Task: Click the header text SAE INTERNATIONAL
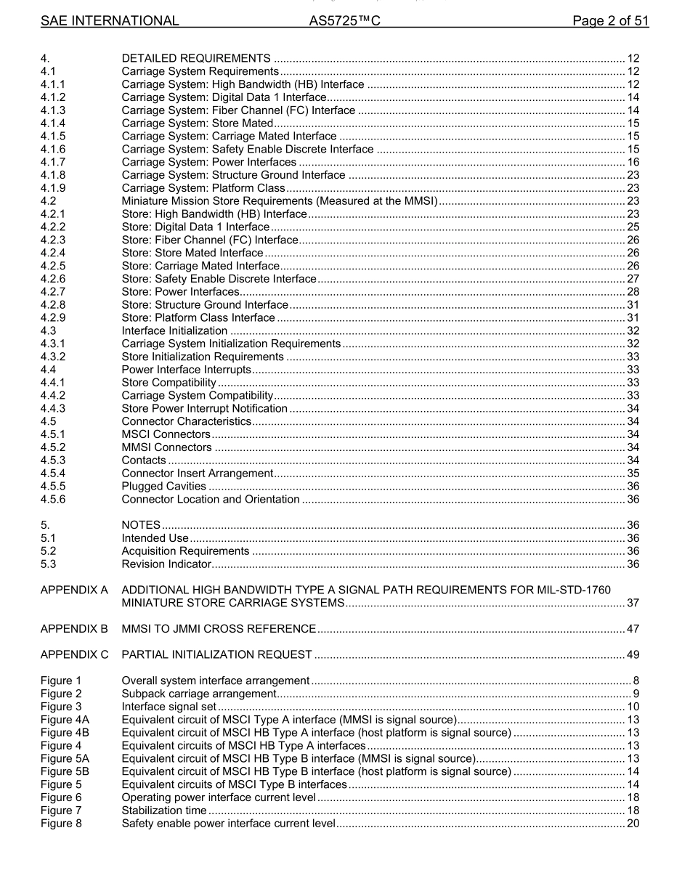110,21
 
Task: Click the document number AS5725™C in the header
345,21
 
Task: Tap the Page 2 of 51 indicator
610,21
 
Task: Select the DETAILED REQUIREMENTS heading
196,58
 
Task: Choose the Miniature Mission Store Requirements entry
280,201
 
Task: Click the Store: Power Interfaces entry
180,292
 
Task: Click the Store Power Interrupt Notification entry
205,408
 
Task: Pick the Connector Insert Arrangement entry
198,474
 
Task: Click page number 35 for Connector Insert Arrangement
633,474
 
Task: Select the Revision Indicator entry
166,564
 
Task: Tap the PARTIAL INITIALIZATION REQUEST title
217,654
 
